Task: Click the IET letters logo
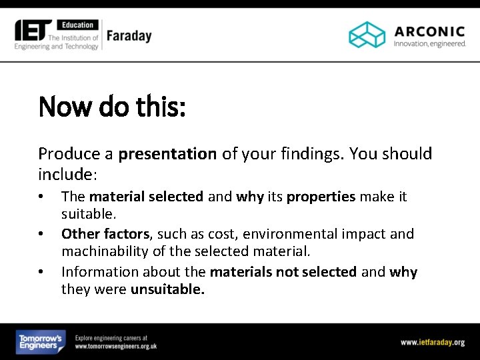click(x=34, y=29)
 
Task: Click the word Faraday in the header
click(x=129, y=35)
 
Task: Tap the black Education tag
click(x=77, y=25)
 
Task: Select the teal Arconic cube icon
click(x=367, y=35)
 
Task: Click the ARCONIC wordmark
click(x=429, y=31)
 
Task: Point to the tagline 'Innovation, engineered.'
click(x=429, y=44)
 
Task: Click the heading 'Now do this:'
click(x=112, y=106)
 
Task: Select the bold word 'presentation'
click(x=167, y=154)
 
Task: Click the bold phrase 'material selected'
click(x=146, y=197)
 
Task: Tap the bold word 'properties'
click(x=321, y=197)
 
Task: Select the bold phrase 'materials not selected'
click(x=283, y=272)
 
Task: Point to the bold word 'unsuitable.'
click(x=167, y=289)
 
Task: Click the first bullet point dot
click(x=41, y=197)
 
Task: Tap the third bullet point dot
click(x=41, y=273)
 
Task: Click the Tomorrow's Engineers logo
click(x=41, y=342)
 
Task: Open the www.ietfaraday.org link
click(x=432, y=342)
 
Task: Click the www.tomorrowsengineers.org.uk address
click(x=116, y=347)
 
